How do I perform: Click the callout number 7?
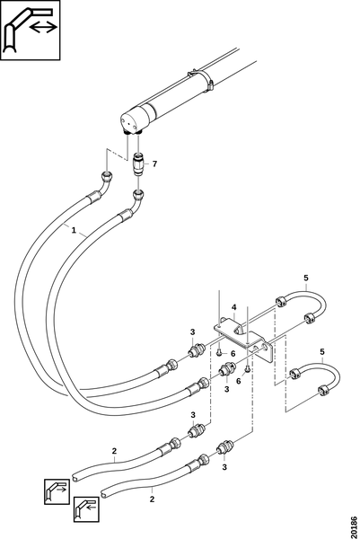tap(154, 164)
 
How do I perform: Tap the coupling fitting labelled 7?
tap(138, 164)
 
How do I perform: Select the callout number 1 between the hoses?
tap(74, 230)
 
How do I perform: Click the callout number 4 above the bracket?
tap(234, 307)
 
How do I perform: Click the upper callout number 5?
tap(306, 278)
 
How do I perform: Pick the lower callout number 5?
tap(322, 351)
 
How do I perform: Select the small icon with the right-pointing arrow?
tap(57, 491)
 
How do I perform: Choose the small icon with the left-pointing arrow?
tap(86, 509)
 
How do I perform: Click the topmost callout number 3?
tap(192, 332)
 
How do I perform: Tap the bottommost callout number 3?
tap(224, 467)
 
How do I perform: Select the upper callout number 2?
tap(114, 451)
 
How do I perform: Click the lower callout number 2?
tap(153, 499)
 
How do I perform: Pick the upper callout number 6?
tap(233, 353)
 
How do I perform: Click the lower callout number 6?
tap(239, 381)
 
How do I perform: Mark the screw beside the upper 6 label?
tap(219, 351)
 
